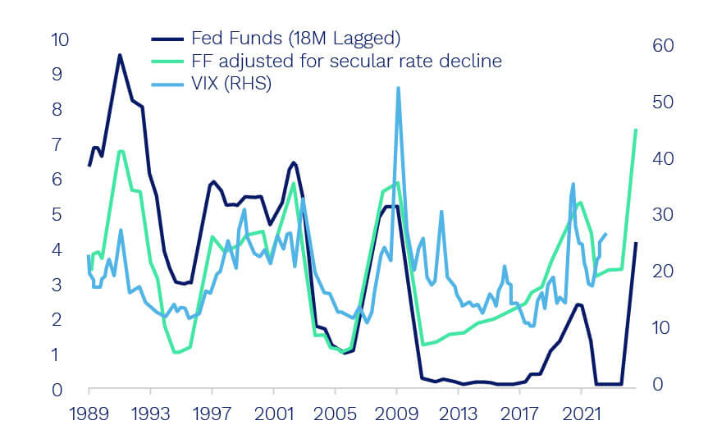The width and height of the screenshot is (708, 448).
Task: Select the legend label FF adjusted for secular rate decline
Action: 346,61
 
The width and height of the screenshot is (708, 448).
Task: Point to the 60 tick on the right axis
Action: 660,46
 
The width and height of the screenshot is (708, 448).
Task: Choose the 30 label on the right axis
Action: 660,215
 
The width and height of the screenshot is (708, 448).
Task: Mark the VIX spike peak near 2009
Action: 398,88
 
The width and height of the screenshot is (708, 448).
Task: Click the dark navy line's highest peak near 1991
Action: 120,55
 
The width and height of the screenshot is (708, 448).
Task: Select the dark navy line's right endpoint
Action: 636,243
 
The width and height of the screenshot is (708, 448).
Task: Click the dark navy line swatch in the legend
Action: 167,38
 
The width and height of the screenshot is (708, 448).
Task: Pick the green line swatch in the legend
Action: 167,61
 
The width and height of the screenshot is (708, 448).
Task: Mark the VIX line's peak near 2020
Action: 573,184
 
